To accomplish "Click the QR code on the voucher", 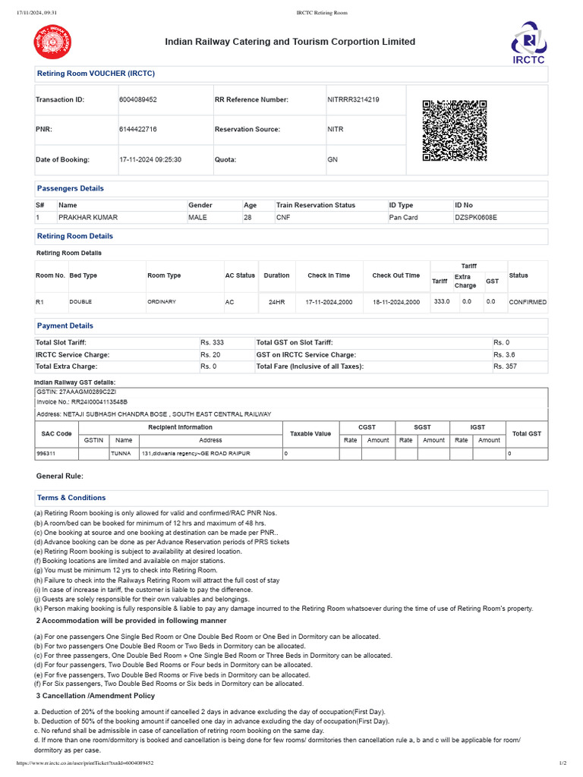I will click(454, 131).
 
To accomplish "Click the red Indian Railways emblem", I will click(49, 42).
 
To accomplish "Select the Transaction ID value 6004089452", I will click(138, 99).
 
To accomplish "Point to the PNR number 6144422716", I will click(138, 130).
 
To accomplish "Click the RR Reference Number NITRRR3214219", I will click(353, 99).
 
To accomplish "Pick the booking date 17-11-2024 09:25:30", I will click(150, 160).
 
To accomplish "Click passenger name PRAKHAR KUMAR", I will click(88, 218).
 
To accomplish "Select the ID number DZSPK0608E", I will click(475, 218).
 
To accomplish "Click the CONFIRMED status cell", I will click(528, 302).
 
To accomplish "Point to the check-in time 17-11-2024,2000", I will click(329, 302).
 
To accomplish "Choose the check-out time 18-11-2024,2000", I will click(395, 302).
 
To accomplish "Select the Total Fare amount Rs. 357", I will click(505, 366).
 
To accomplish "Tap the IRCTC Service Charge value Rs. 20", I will click(210, 355).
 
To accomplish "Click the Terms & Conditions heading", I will click(71, 498).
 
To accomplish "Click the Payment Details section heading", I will click(65, 326).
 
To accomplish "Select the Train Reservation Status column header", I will click(315, 206).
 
